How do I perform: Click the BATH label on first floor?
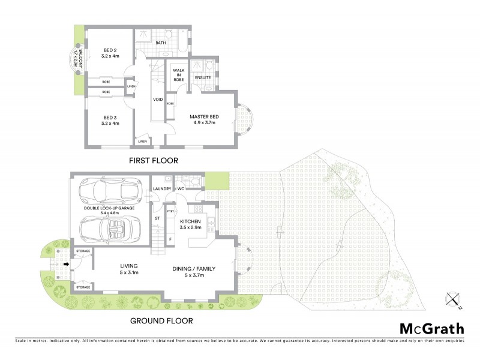pyautogui.click(x=161, y=43)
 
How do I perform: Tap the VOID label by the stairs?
pyautogui.click(x=158, y=100)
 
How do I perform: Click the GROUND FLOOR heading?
pyautogui.click(x=161, y=321)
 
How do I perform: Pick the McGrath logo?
pyautogui.click(x=431, y=328)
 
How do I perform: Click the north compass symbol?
pyautogui.click(x=452, y=301)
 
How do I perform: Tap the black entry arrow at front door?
pyautogui.click(x=66, y=262)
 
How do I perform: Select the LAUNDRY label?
pyautogui.click(x=162, y=189)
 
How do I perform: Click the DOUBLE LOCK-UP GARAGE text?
pyautogui.click(x=110, y=208)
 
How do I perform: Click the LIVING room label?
pyautogui.click(x=129, y=265)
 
